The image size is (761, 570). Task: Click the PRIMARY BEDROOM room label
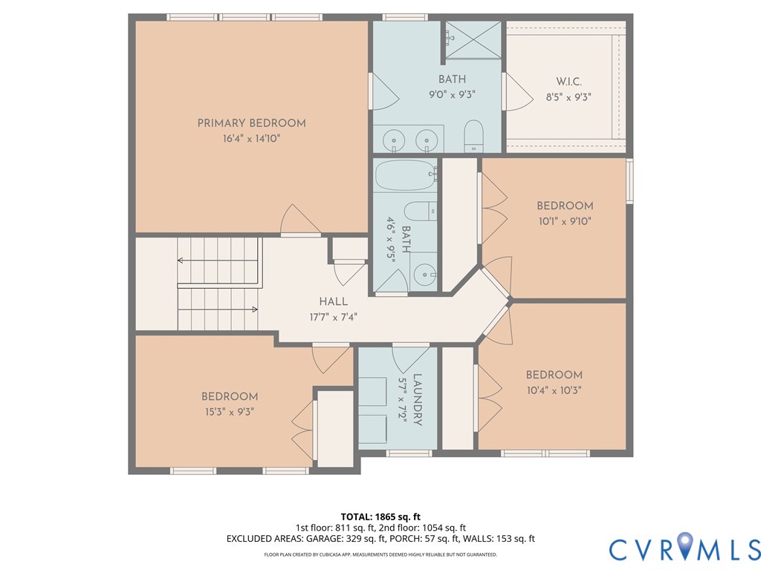(x=251, y=123)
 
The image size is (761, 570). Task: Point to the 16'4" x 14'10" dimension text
(x=251, y=139)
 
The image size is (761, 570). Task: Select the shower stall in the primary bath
(x=473, y=40)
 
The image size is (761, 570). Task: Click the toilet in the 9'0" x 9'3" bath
(x=473, y=137)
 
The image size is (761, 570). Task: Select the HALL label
(x=334, y=301)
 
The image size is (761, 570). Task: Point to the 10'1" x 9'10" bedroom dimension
(x=565, y=221)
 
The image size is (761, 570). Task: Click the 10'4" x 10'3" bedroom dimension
(x=554, y=390)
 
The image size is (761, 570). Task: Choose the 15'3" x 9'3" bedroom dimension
(x=229, y=413)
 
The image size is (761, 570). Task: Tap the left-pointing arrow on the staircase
(x=181, y=261)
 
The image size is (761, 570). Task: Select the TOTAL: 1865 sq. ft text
(x=380, y=517)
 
